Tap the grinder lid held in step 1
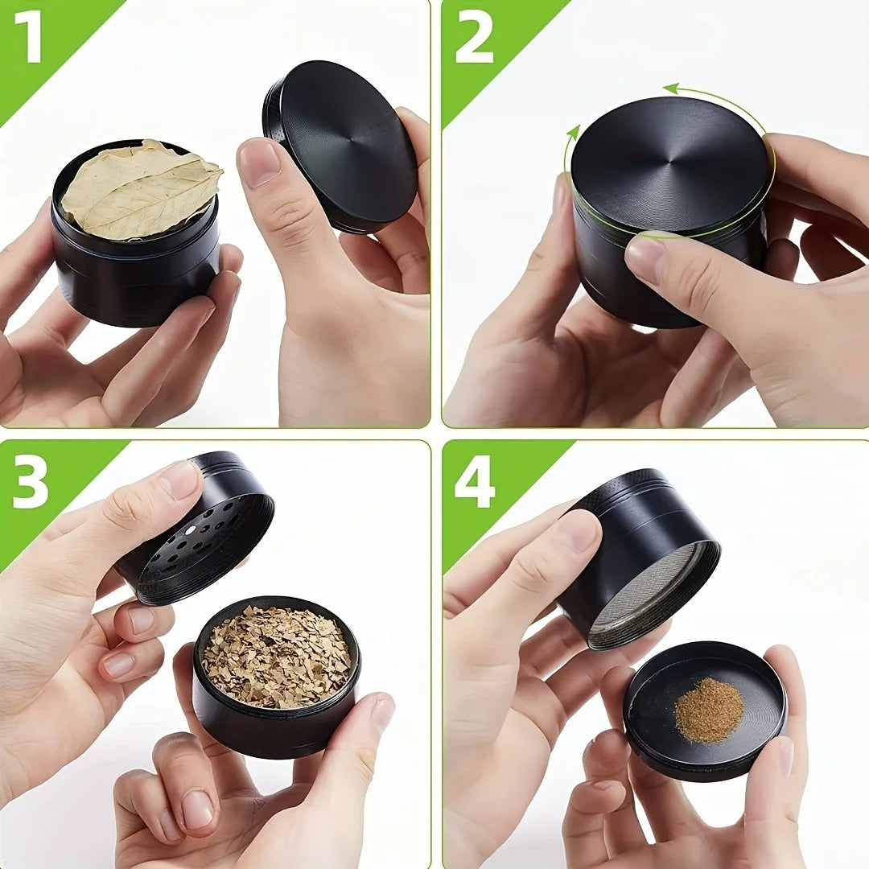click(340, 146)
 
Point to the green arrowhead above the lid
click(672, 89)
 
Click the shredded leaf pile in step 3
click(276, 657)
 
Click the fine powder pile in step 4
click(710, 710)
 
